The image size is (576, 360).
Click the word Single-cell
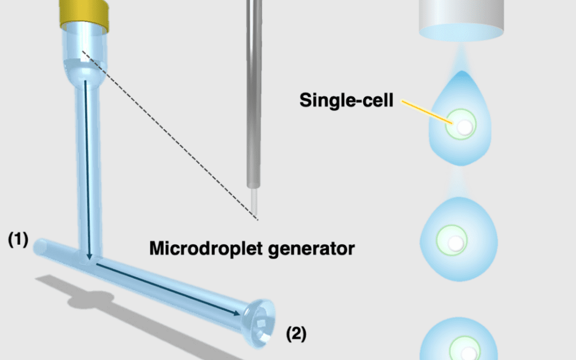[346, 100]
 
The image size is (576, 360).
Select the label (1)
[18, 240]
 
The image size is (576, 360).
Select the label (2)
[296, 334]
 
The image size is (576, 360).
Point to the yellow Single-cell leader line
[426, 112]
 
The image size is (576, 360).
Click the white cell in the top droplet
[465, 126]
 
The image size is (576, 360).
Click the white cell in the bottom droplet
[468, 353]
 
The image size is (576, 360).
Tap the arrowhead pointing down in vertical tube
[90, 258]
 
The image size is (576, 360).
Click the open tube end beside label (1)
[40, 246]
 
